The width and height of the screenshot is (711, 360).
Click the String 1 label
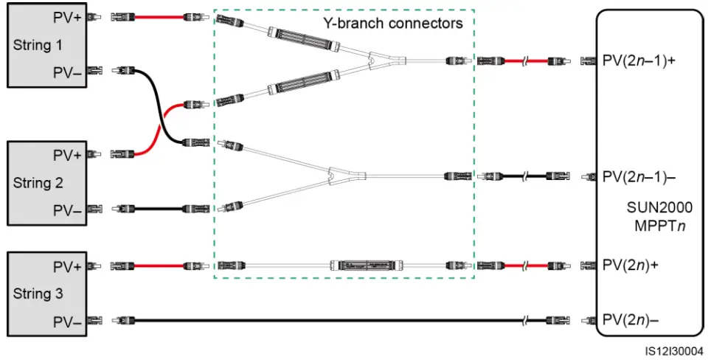[38, 45]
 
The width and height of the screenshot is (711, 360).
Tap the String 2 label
[38, 183]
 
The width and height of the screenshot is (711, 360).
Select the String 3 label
[38, 294]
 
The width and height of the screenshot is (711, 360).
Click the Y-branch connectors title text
[393, 23]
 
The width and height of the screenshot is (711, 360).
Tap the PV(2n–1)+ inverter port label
[639, 60]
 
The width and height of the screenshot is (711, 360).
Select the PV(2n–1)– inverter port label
[639, 176]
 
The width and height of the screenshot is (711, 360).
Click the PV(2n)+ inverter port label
[631, 265]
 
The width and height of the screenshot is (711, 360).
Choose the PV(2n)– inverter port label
[631, 319]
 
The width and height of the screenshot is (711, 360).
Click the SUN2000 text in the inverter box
[660, 207]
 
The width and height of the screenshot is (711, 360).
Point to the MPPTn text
[660, 225]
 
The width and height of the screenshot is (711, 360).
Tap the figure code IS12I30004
[674, 351]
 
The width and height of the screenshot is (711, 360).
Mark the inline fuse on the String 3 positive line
[367, 266]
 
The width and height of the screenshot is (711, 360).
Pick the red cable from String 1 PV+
[159, 18]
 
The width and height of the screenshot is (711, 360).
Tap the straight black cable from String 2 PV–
[159, 209]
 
